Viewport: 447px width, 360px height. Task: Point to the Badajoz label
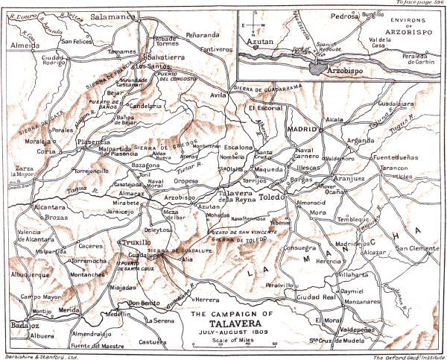pos(25,325)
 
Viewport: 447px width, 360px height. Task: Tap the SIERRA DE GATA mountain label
pos(31,116)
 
